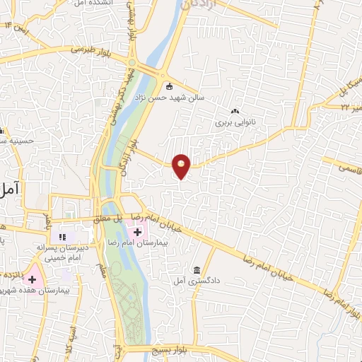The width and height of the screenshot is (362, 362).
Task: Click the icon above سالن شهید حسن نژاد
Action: tap(169, 87)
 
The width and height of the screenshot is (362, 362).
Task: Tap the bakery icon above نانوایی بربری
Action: tap(235, 110)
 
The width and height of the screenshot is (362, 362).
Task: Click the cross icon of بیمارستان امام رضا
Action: tap(136, 231)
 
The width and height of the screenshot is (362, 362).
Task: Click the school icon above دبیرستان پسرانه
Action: tap(62, 235)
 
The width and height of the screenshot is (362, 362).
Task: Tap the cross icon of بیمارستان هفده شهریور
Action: tap(32, 279)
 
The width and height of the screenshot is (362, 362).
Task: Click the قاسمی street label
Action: tap(349, 170)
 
